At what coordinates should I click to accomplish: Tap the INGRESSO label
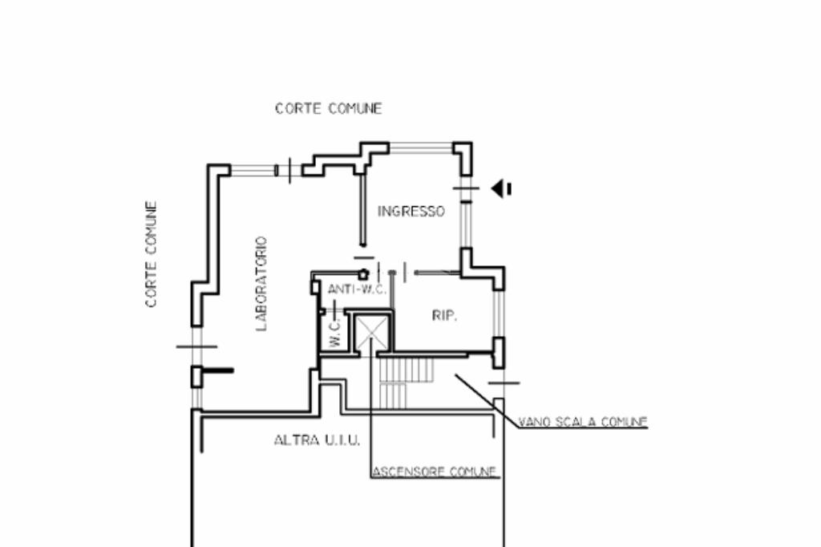(x=410, y=212)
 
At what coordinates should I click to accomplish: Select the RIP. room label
(x=444, y=316)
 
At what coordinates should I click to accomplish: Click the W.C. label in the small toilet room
(x=335, y=331)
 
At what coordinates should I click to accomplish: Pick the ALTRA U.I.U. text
(x=317, y=440)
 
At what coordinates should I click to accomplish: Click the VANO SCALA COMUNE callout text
(x=583, y=421)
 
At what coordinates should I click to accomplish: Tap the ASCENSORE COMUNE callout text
(x=435, y=472)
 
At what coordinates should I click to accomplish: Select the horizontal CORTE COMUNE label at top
(x=329, y=108)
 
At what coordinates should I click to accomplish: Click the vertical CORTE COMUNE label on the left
(x=151, y=255)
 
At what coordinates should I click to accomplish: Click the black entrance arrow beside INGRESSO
(x=501, y=188)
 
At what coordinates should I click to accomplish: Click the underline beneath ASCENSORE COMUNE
(x=435, y=479)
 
